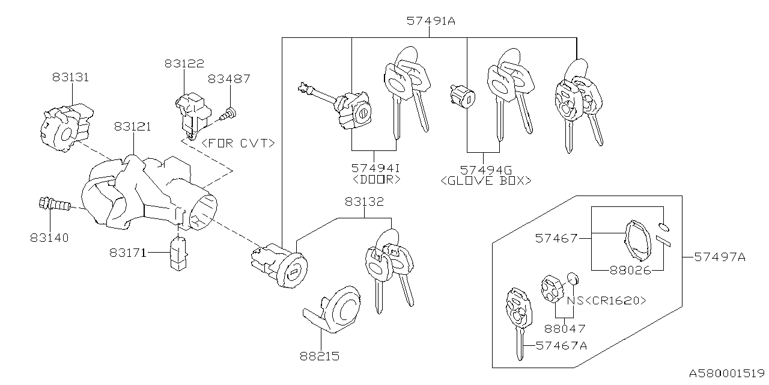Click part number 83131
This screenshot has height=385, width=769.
click(70, 77)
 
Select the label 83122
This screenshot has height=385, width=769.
click(184, 63)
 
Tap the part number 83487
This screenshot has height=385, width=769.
click(229, 79)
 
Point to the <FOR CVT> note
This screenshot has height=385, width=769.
click(239, 143)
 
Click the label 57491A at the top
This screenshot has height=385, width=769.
click(430, 20)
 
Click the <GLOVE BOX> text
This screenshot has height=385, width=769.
click(486, 180)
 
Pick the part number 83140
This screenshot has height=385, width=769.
click(49, 238)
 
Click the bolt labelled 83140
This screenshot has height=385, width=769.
click(52, 205)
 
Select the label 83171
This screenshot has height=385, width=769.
click(128, 253)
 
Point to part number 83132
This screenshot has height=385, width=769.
click(363, 202)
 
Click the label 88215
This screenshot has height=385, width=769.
click(319, 356)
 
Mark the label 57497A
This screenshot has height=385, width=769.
click(719, 257)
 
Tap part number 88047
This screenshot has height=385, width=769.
click(564, 328)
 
